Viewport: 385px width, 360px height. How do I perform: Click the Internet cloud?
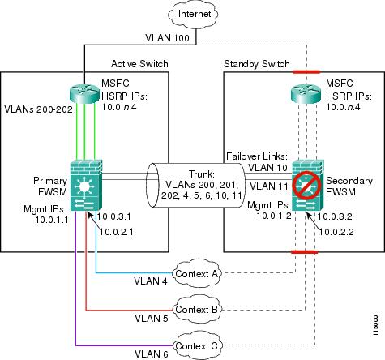point(193,14)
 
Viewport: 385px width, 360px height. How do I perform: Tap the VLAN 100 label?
point(167,38)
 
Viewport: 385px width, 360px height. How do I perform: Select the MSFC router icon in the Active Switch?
point(85,92)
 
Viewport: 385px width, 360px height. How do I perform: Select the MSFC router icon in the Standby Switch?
point(307,92)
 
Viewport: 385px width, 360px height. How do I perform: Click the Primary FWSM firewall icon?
point(86,186)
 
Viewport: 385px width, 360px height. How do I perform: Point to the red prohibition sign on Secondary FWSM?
point(307,186)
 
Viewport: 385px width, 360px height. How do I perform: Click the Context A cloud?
point(196,274)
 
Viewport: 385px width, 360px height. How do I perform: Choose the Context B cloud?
point(196,310)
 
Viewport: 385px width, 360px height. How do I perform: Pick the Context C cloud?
point(196,345)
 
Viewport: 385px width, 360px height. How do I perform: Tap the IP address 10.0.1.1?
point(52,220)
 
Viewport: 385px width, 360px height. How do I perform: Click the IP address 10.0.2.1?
point(116,232)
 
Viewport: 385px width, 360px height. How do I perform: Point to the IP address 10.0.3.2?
point(335,216)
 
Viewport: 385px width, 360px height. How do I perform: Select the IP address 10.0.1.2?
point(274,216)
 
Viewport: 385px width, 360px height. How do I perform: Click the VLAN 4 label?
point(151,281)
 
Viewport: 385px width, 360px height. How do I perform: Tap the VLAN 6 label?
point(152,354)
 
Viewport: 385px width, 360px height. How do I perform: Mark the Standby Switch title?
point(257,64)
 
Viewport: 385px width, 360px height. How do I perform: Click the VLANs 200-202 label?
point(39,109)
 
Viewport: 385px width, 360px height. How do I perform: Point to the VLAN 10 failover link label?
point(267,168)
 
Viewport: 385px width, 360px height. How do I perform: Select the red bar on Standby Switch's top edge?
point(306,72)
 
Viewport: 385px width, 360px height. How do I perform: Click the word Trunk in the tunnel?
point(201,174)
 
